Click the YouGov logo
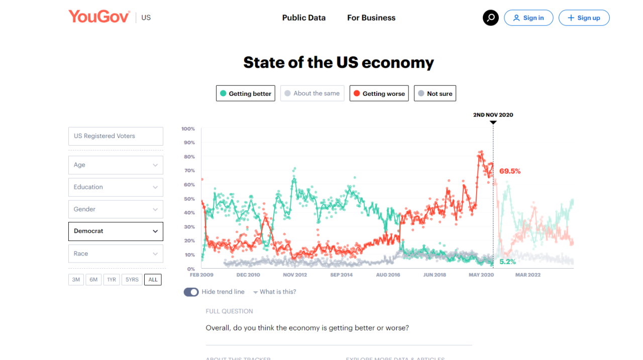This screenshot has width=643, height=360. click(99, 17)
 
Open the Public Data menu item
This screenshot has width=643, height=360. click(303, 18)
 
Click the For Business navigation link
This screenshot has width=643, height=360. click(371, 18)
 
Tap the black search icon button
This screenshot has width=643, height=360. click(491, 18)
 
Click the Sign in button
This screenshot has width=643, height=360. click(528, 18)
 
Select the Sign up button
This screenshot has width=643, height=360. click(584, 18)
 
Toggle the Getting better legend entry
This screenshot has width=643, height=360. click(246, 93)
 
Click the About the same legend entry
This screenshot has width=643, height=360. click(312, 93)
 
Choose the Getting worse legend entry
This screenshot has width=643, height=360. click(379, 93)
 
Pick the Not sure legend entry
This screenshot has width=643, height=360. click(435, 93)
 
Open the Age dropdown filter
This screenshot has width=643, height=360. click(116, 165)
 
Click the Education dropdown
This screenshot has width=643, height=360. click(116, 187)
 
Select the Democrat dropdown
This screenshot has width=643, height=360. click(116, 231)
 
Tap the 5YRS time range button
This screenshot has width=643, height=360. click(132, 280)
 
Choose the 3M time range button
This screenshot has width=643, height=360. click(76, 280)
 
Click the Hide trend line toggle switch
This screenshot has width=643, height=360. click(191, 292)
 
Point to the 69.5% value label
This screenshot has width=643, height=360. click(510, 171)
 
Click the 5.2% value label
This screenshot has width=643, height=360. click(507, 262)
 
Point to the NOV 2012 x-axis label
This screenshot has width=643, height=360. click(295, 275)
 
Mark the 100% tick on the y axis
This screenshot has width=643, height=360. click(188, 129)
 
